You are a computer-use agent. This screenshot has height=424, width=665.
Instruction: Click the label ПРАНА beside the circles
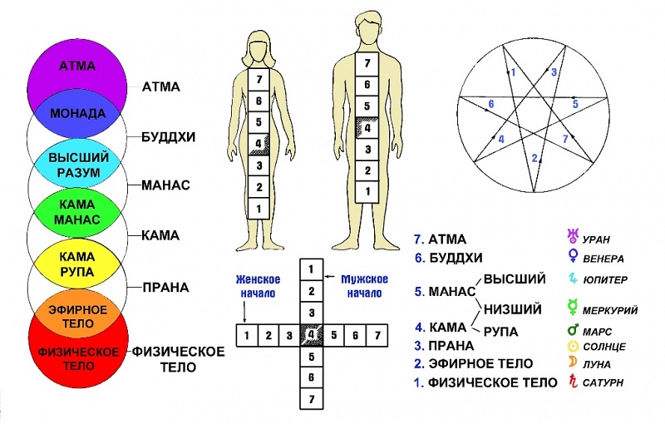pyautogui.click(x=165, y=288)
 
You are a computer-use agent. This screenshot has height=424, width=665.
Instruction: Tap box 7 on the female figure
pyautogui.click(x=259, y=79)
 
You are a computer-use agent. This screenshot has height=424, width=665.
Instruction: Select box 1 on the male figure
pyautogui.click(x=362, y=191)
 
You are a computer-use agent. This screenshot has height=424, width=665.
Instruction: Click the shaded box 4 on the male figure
pyautogui.click(x=362, y=127)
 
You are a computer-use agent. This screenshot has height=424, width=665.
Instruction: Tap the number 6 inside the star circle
pyautogui.click(x=491, y=105)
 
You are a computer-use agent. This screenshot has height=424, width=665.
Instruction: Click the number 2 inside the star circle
pyautogui.click(x=535, y=156)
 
